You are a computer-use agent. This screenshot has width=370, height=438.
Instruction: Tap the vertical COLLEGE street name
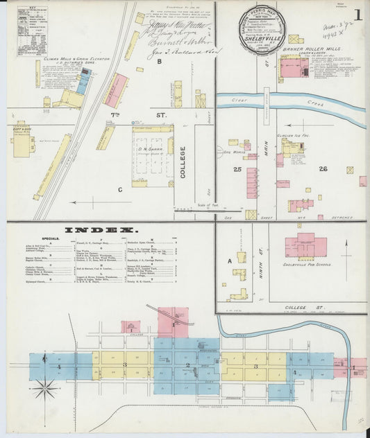click(183, 162)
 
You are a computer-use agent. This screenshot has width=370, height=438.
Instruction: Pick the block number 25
click(237, 168)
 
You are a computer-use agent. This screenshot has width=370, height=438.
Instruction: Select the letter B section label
click(158, 62)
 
